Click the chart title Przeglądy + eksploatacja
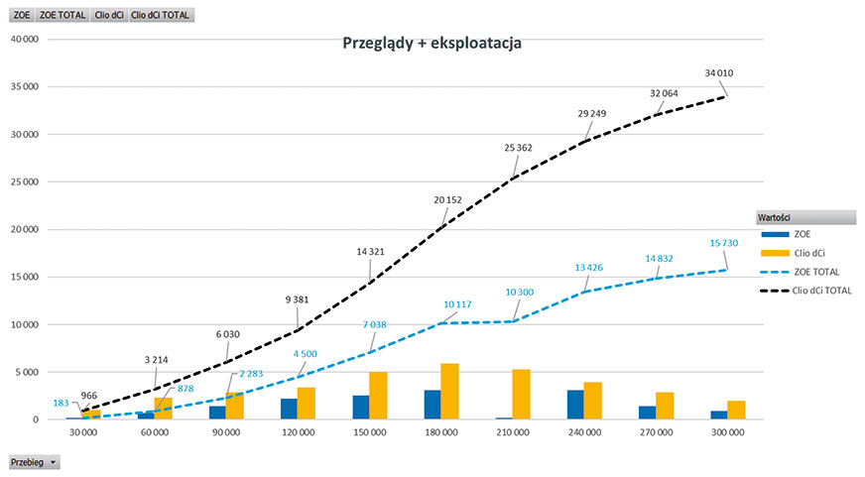click(432, 44)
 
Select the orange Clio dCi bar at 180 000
click(450, 392)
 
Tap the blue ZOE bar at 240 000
click(574, 405)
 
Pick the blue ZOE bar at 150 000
click(362, 408)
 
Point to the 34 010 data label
click(718, 72)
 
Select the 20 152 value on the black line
click(447, 199)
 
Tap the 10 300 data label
click(520, 293)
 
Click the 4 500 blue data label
click(305, 355)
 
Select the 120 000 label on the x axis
click(299, 433)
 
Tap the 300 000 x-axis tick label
click(728, 433)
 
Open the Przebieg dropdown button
click(34, 462)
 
